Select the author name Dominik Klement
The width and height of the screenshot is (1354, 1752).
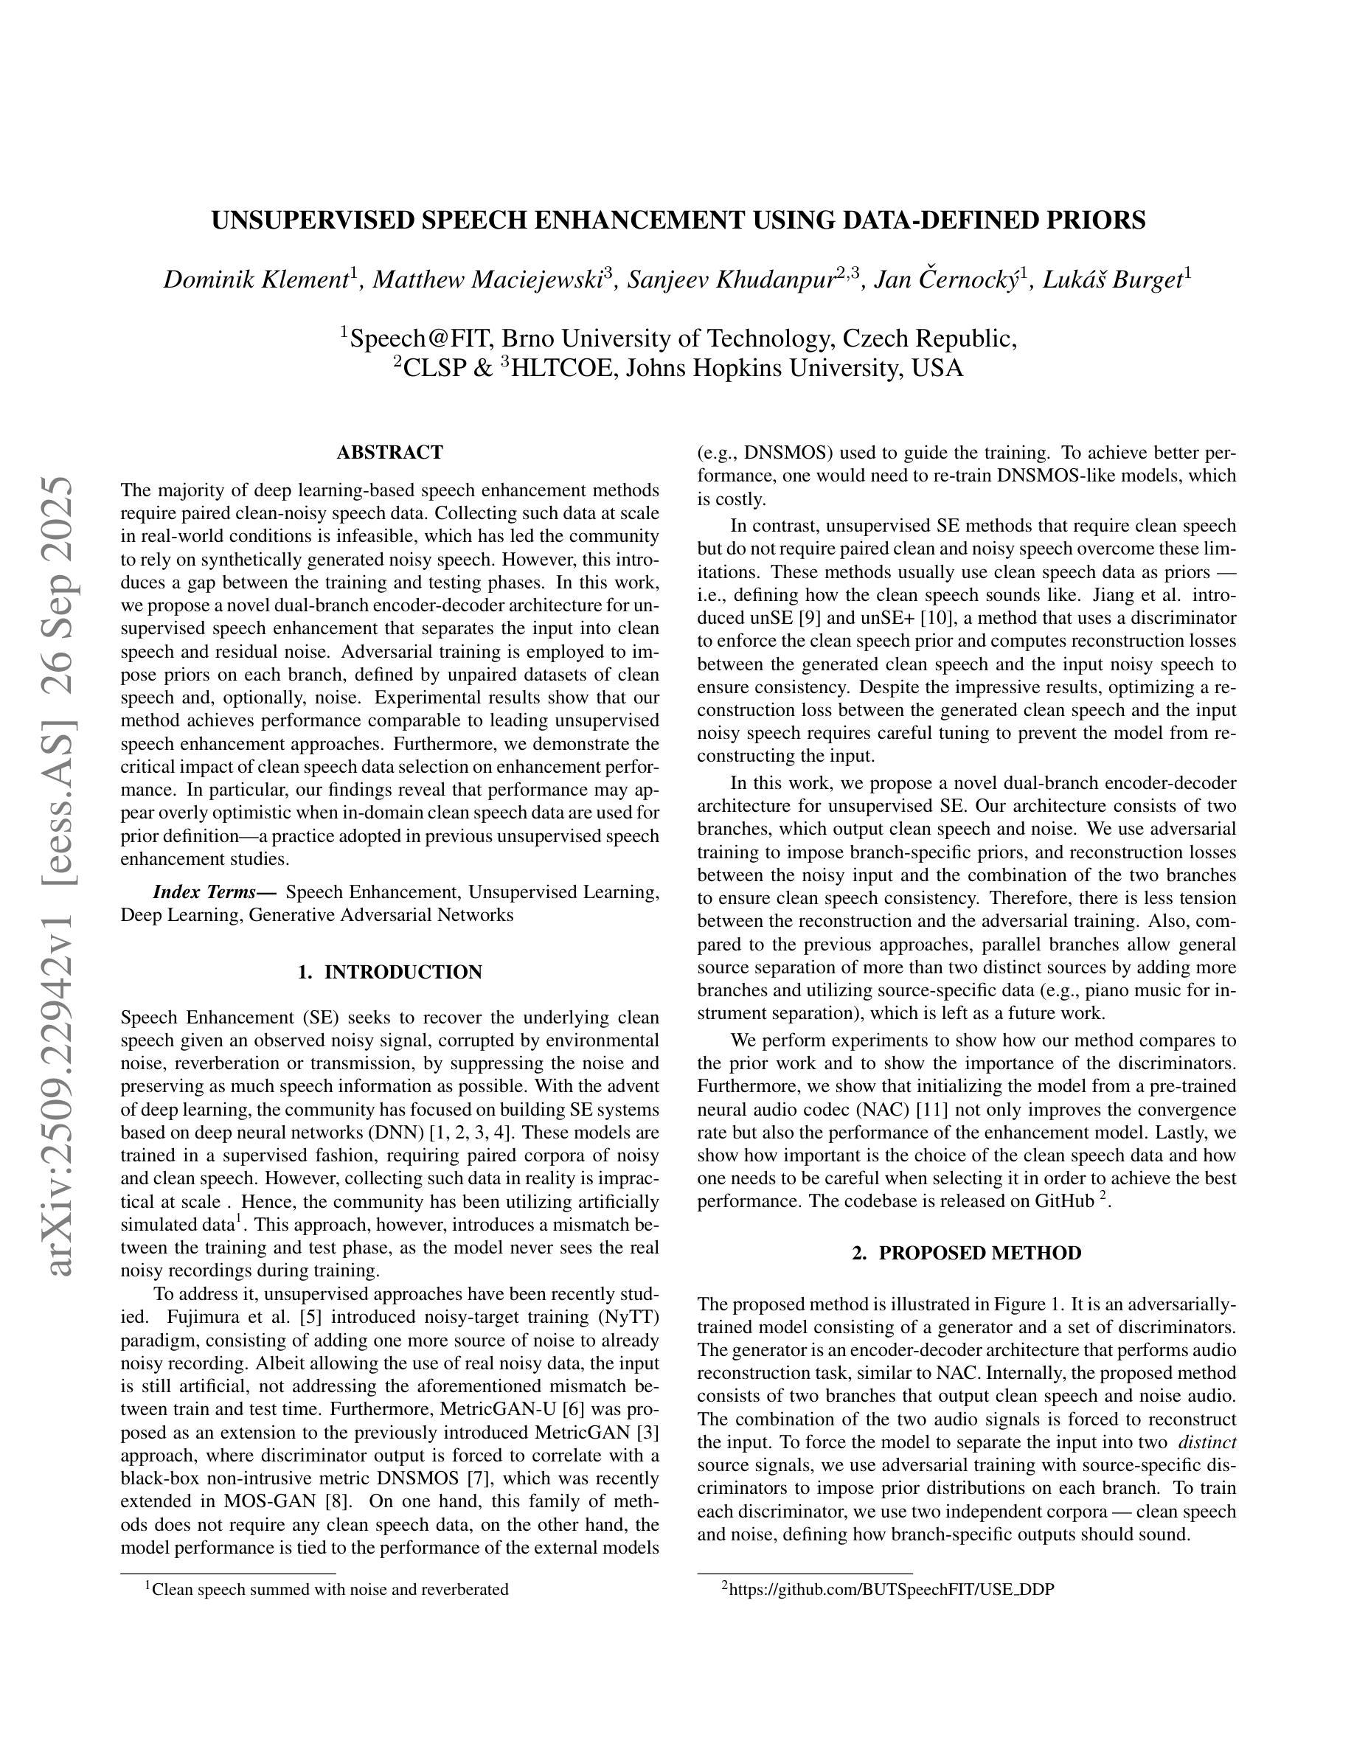pyautogui.click(x=256, y=279)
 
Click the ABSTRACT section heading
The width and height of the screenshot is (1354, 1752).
pyautogui.click(x=390, y=453)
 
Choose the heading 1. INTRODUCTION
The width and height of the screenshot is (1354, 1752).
pyautogui.click(x=390, y=973)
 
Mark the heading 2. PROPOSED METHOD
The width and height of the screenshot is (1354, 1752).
pyautogui.click(x=967, y=1253)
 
